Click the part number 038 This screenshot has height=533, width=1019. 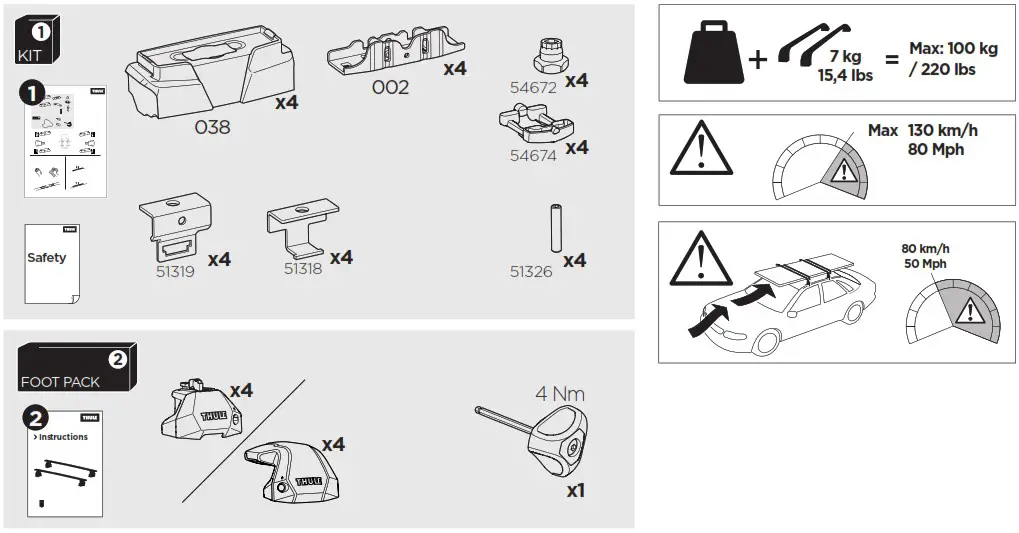click(x=211, y=127)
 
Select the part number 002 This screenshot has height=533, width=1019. click(x=390, y=87)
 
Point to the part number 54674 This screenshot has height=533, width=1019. click(x=532, y=155)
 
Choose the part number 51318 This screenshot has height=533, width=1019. click(x=303, y=268)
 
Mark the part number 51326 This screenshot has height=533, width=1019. click(x=531, y=271)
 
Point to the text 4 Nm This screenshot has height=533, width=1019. click(x=560, y=394)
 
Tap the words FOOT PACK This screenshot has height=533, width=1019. click(x=60, y=382)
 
